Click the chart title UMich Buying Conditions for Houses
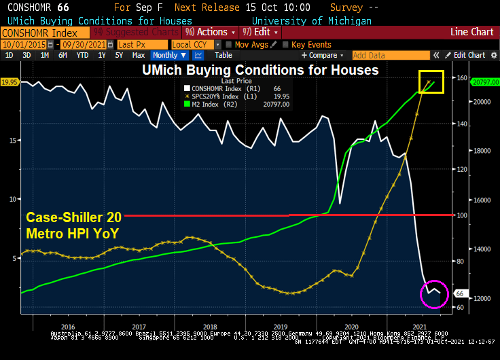[260, 69]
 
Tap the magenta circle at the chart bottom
[435, 293]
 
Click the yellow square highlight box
[431, 82]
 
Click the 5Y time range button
[120, 55]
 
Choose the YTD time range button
[82, 55]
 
